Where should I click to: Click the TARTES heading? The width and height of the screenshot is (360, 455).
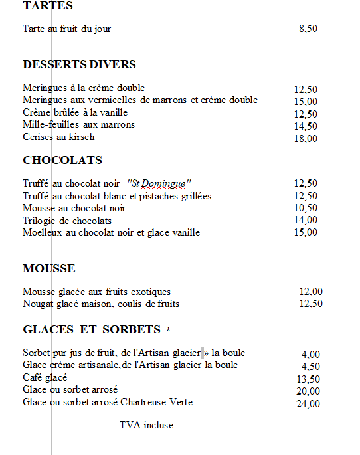[x=48, y=6]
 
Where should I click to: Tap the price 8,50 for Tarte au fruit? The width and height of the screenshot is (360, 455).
[x=308, y=29]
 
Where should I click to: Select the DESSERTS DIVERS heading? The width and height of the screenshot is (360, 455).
[x=79, y=64]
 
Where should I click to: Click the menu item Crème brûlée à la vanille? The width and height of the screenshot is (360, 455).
[x=65, y=112]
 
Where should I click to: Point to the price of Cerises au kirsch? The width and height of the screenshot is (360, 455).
[x=306, y=139]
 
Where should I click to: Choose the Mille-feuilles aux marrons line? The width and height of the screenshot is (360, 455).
[x=78, y=125]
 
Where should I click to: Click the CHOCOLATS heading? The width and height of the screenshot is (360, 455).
[x=62, y=160]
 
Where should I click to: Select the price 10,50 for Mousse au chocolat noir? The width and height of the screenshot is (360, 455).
[x=306, y=208]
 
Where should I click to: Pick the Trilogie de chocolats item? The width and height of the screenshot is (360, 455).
[x=67, y=221]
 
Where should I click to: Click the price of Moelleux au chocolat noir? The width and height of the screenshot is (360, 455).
[x=306, y=232]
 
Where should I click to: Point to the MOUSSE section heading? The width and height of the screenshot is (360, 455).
[x=49, y=268]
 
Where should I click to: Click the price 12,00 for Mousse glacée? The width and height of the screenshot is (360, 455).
[x=311, y=292]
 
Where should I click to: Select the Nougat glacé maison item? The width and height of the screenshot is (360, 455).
[x=101, y=304]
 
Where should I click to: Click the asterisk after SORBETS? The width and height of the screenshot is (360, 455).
[x=168, y=329]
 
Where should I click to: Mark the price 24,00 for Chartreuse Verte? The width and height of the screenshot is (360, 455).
[x=308, y=403]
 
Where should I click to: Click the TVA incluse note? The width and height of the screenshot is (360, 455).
[x=146, y=425]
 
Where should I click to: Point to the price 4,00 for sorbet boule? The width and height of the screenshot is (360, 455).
[x=311, y=355]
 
